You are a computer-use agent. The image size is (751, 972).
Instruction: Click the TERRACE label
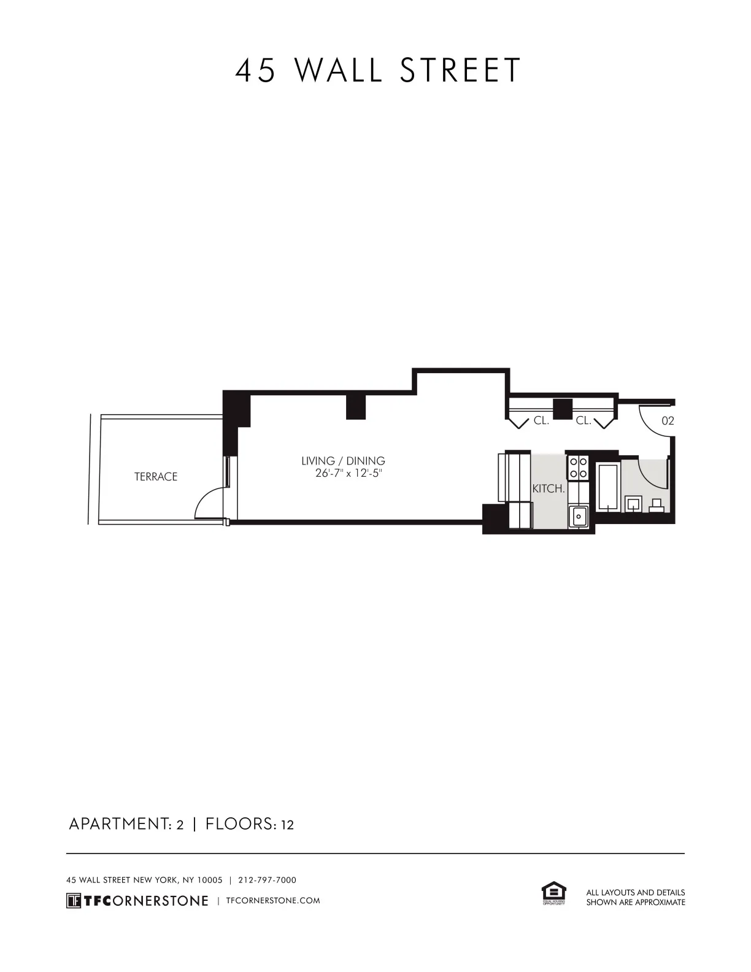click(x=156, y=477)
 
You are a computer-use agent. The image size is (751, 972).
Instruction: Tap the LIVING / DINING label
click(x=343, y=461)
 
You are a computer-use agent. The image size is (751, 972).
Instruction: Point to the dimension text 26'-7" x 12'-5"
click(x=348, y=474)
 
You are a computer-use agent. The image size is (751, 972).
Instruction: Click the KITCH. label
click(x=548, y=489)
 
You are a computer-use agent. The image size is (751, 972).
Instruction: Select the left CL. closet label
click(x=541, y=421)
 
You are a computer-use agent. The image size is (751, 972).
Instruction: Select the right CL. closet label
click(x=583, y=421)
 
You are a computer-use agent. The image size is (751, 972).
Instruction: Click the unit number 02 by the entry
click(x=668, y=421)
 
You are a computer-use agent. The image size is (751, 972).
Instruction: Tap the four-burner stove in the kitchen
click(x=578, y=467)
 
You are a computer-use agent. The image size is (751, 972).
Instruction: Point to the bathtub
click(x=607, y=488)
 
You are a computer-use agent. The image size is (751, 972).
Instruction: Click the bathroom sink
click(x=633, y=505)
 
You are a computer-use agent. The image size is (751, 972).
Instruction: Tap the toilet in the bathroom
click(x=657, y=506)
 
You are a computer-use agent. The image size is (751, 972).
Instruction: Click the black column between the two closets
click(x=562, y=409)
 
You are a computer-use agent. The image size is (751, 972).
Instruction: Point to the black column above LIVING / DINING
click(x=356, y=407)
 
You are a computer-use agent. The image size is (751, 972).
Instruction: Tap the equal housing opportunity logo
click(x=553, y=893)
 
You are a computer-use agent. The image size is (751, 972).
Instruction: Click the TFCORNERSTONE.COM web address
click(x=273, y=901)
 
